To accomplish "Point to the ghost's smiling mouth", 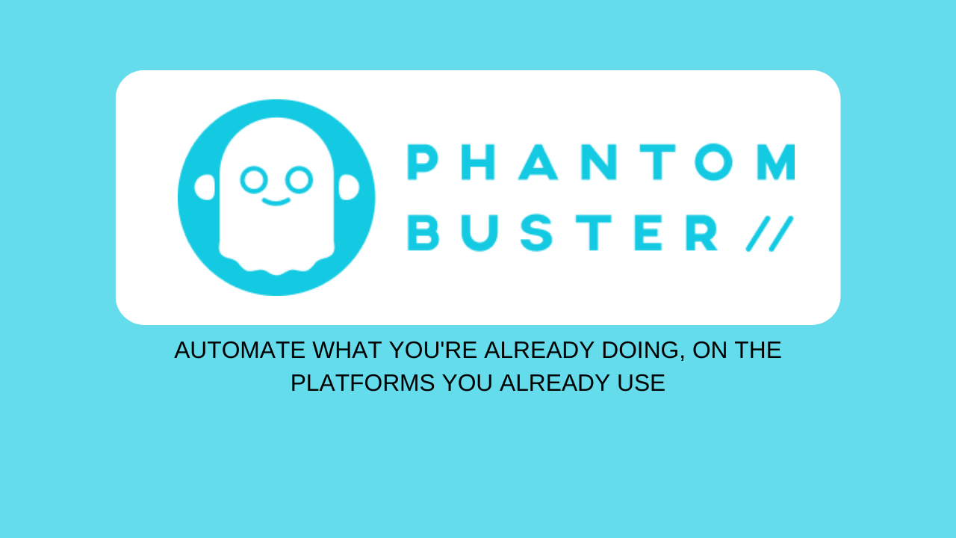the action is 276,202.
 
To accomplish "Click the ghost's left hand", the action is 205,187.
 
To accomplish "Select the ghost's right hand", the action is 349,187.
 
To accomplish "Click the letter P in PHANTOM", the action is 423,162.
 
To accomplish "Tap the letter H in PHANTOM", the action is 478,162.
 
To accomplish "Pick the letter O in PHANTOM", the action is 713,162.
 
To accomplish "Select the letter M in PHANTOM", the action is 776,162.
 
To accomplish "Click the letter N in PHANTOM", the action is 599,162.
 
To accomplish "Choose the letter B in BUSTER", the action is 423,232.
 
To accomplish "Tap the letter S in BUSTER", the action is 536,232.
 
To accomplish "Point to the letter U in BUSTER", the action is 480,233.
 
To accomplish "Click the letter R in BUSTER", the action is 701,232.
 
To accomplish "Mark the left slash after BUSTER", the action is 758,234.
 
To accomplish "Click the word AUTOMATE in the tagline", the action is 240,350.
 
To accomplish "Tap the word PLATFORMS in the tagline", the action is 363,383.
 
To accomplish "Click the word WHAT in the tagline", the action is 347,350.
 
